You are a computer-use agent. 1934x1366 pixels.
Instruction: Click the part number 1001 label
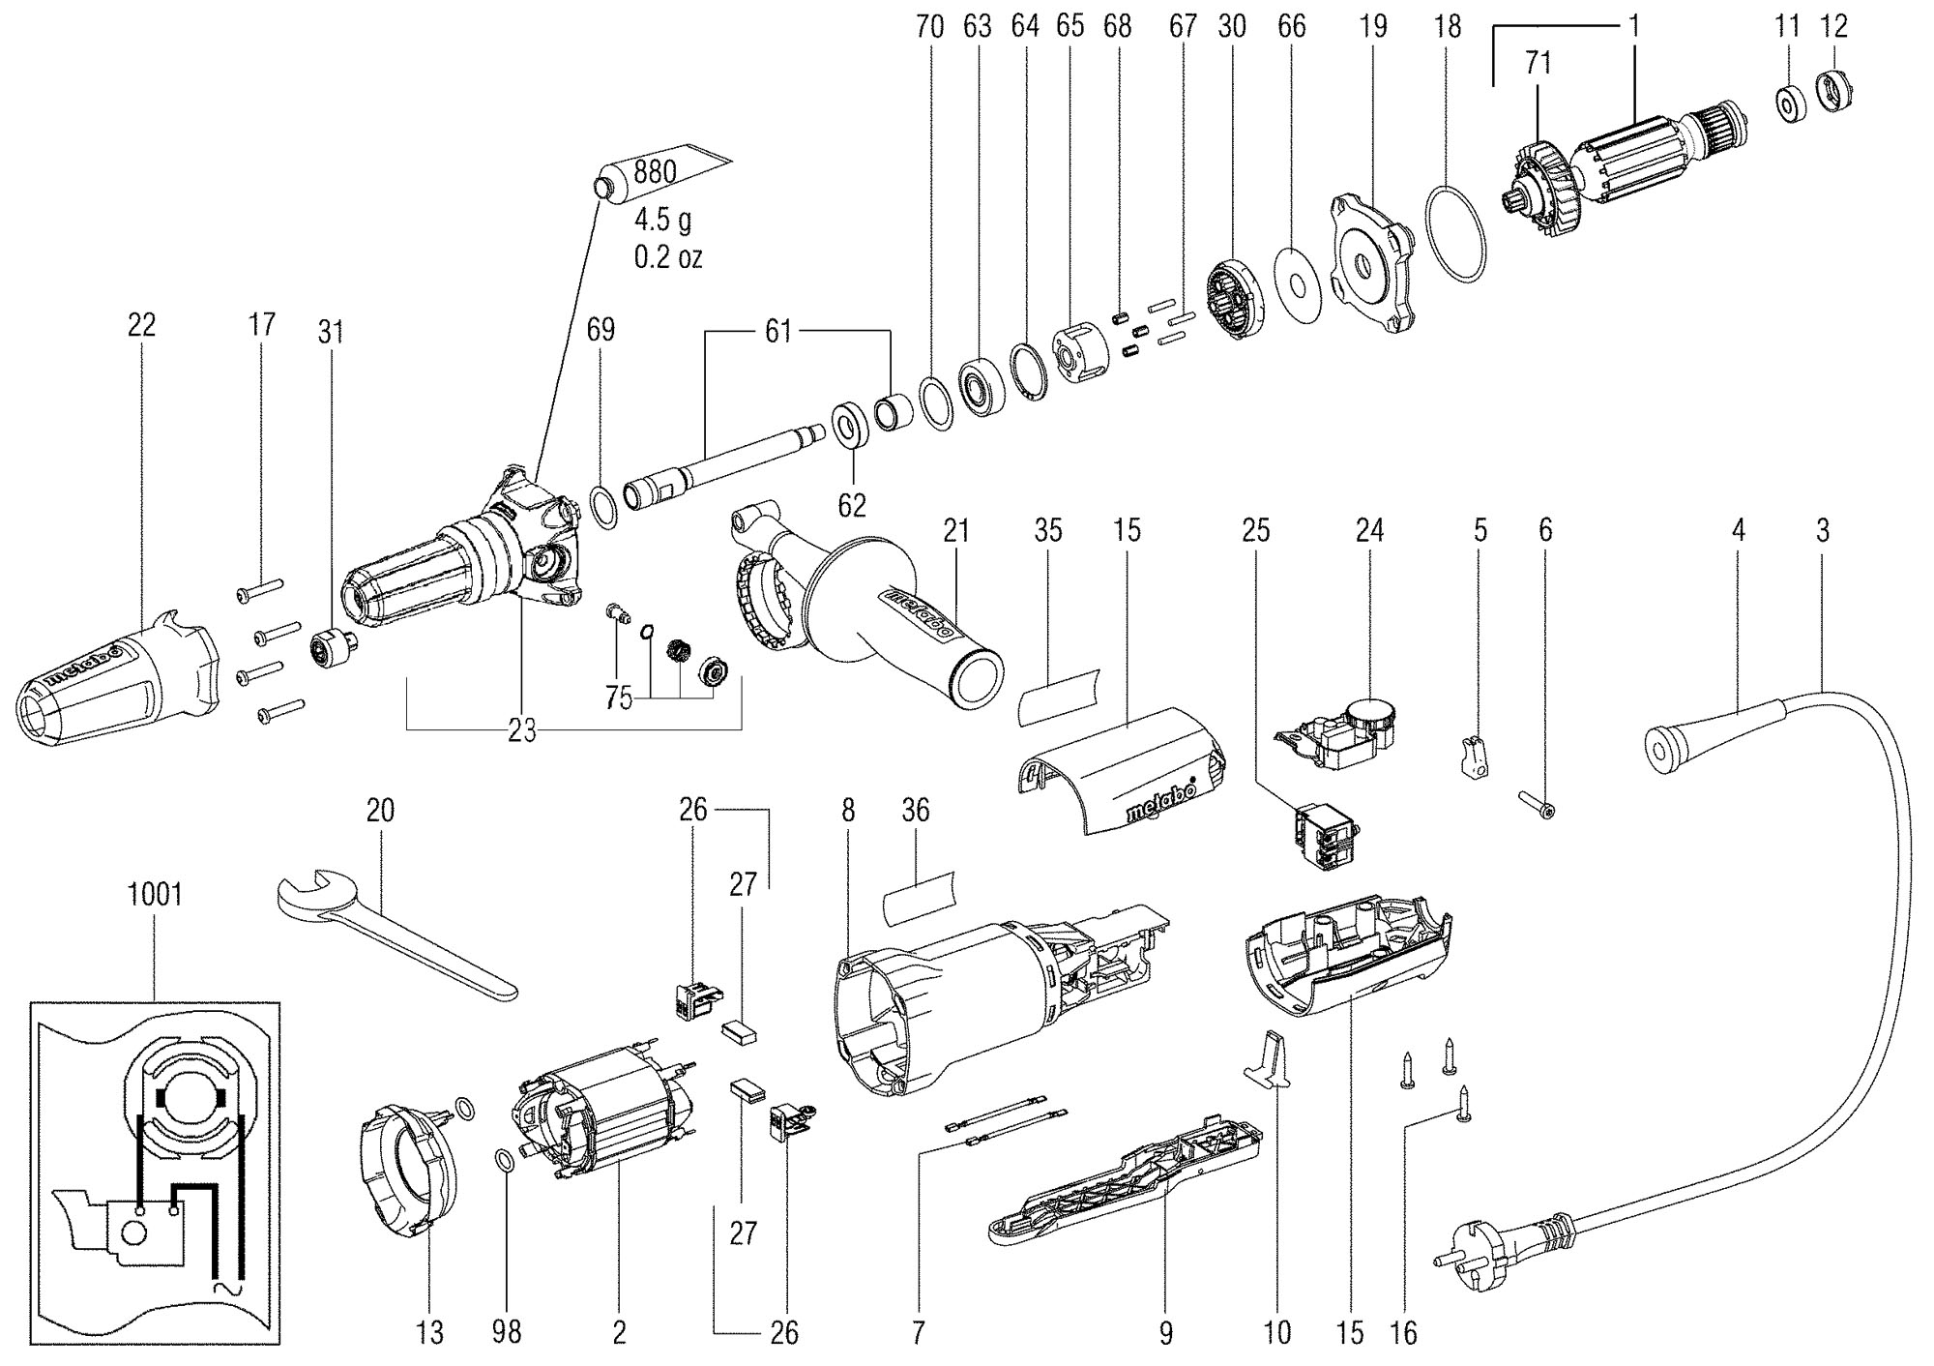point(155,893)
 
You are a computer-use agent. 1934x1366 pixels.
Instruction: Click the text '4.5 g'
point(662,220)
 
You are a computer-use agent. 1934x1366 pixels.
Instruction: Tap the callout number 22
point(141,325)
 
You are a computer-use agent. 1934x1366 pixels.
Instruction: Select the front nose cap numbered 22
point(116,677)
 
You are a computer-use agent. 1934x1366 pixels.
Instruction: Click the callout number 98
point(506,1332)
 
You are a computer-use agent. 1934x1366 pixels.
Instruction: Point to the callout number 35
point(1048,530)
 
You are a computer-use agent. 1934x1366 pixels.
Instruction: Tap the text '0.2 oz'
point(668,258)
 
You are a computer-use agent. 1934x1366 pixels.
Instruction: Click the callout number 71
point(1538,64)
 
